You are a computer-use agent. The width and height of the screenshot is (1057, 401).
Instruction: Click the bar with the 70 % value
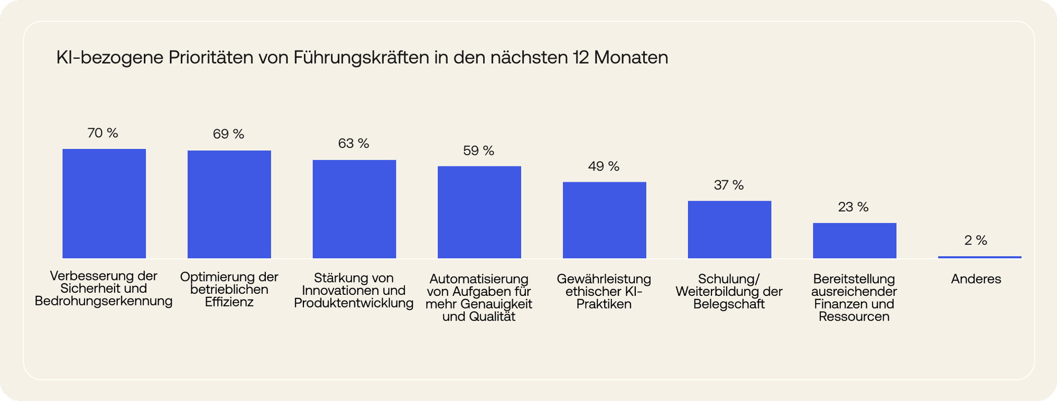[x=104, y=203]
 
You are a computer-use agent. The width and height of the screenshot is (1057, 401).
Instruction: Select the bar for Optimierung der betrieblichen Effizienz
[x=229, y=204]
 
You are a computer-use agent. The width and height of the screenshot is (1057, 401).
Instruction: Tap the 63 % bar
[x=354, y=209]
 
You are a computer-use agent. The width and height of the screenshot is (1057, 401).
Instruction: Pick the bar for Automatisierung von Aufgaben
[x=479, y=212]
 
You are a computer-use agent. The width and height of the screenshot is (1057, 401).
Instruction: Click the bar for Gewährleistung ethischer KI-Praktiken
[x=604, y=220]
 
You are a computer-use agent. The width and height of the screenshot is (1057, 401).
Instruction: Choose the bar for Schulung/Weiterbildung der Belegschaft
[x=729, y=230]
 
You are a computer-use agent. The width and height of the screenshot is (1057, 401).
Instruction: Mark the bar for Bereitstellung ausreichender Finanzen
[x=854, y=241]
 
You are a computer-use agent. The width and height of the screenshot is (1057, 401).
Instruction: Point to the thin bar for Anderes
[x=979, y=257]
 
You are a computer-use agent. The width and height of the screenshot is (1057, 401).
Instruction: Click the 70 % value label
[x=103, y=133]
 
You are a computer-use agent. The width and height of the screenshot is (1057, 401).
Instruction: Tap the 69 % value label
[x=228, y=134]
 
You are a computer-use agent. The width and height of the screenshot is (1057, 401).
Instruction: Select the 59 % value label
[x=478, y=151]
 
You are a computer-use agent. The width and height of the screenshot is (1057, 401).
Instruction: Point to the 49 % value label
[x=604, y=166]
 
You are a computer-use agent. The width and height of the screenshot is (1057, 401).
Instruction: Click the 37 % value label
[x=728, y=185]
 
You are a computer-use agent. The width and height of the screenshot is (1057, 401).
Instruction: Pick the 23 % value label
[x=853, y=207]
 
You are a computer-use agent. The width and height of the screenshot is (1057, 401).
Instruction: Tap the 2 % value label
[x=976, y=241]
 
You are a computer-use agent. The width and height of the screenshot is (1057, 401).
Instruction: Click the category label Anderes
[x=976, y=279]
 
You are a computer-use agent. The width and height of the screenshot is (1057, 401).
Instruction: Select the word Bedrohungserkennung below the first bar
[x=104, y=301]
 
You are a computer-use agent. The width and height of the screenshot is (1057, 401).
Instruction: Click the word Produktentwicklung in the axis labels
[x=354, y=303]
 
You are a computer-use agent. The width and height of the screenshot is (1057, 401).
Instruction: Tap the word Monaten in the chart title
[x=631, y=58]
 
